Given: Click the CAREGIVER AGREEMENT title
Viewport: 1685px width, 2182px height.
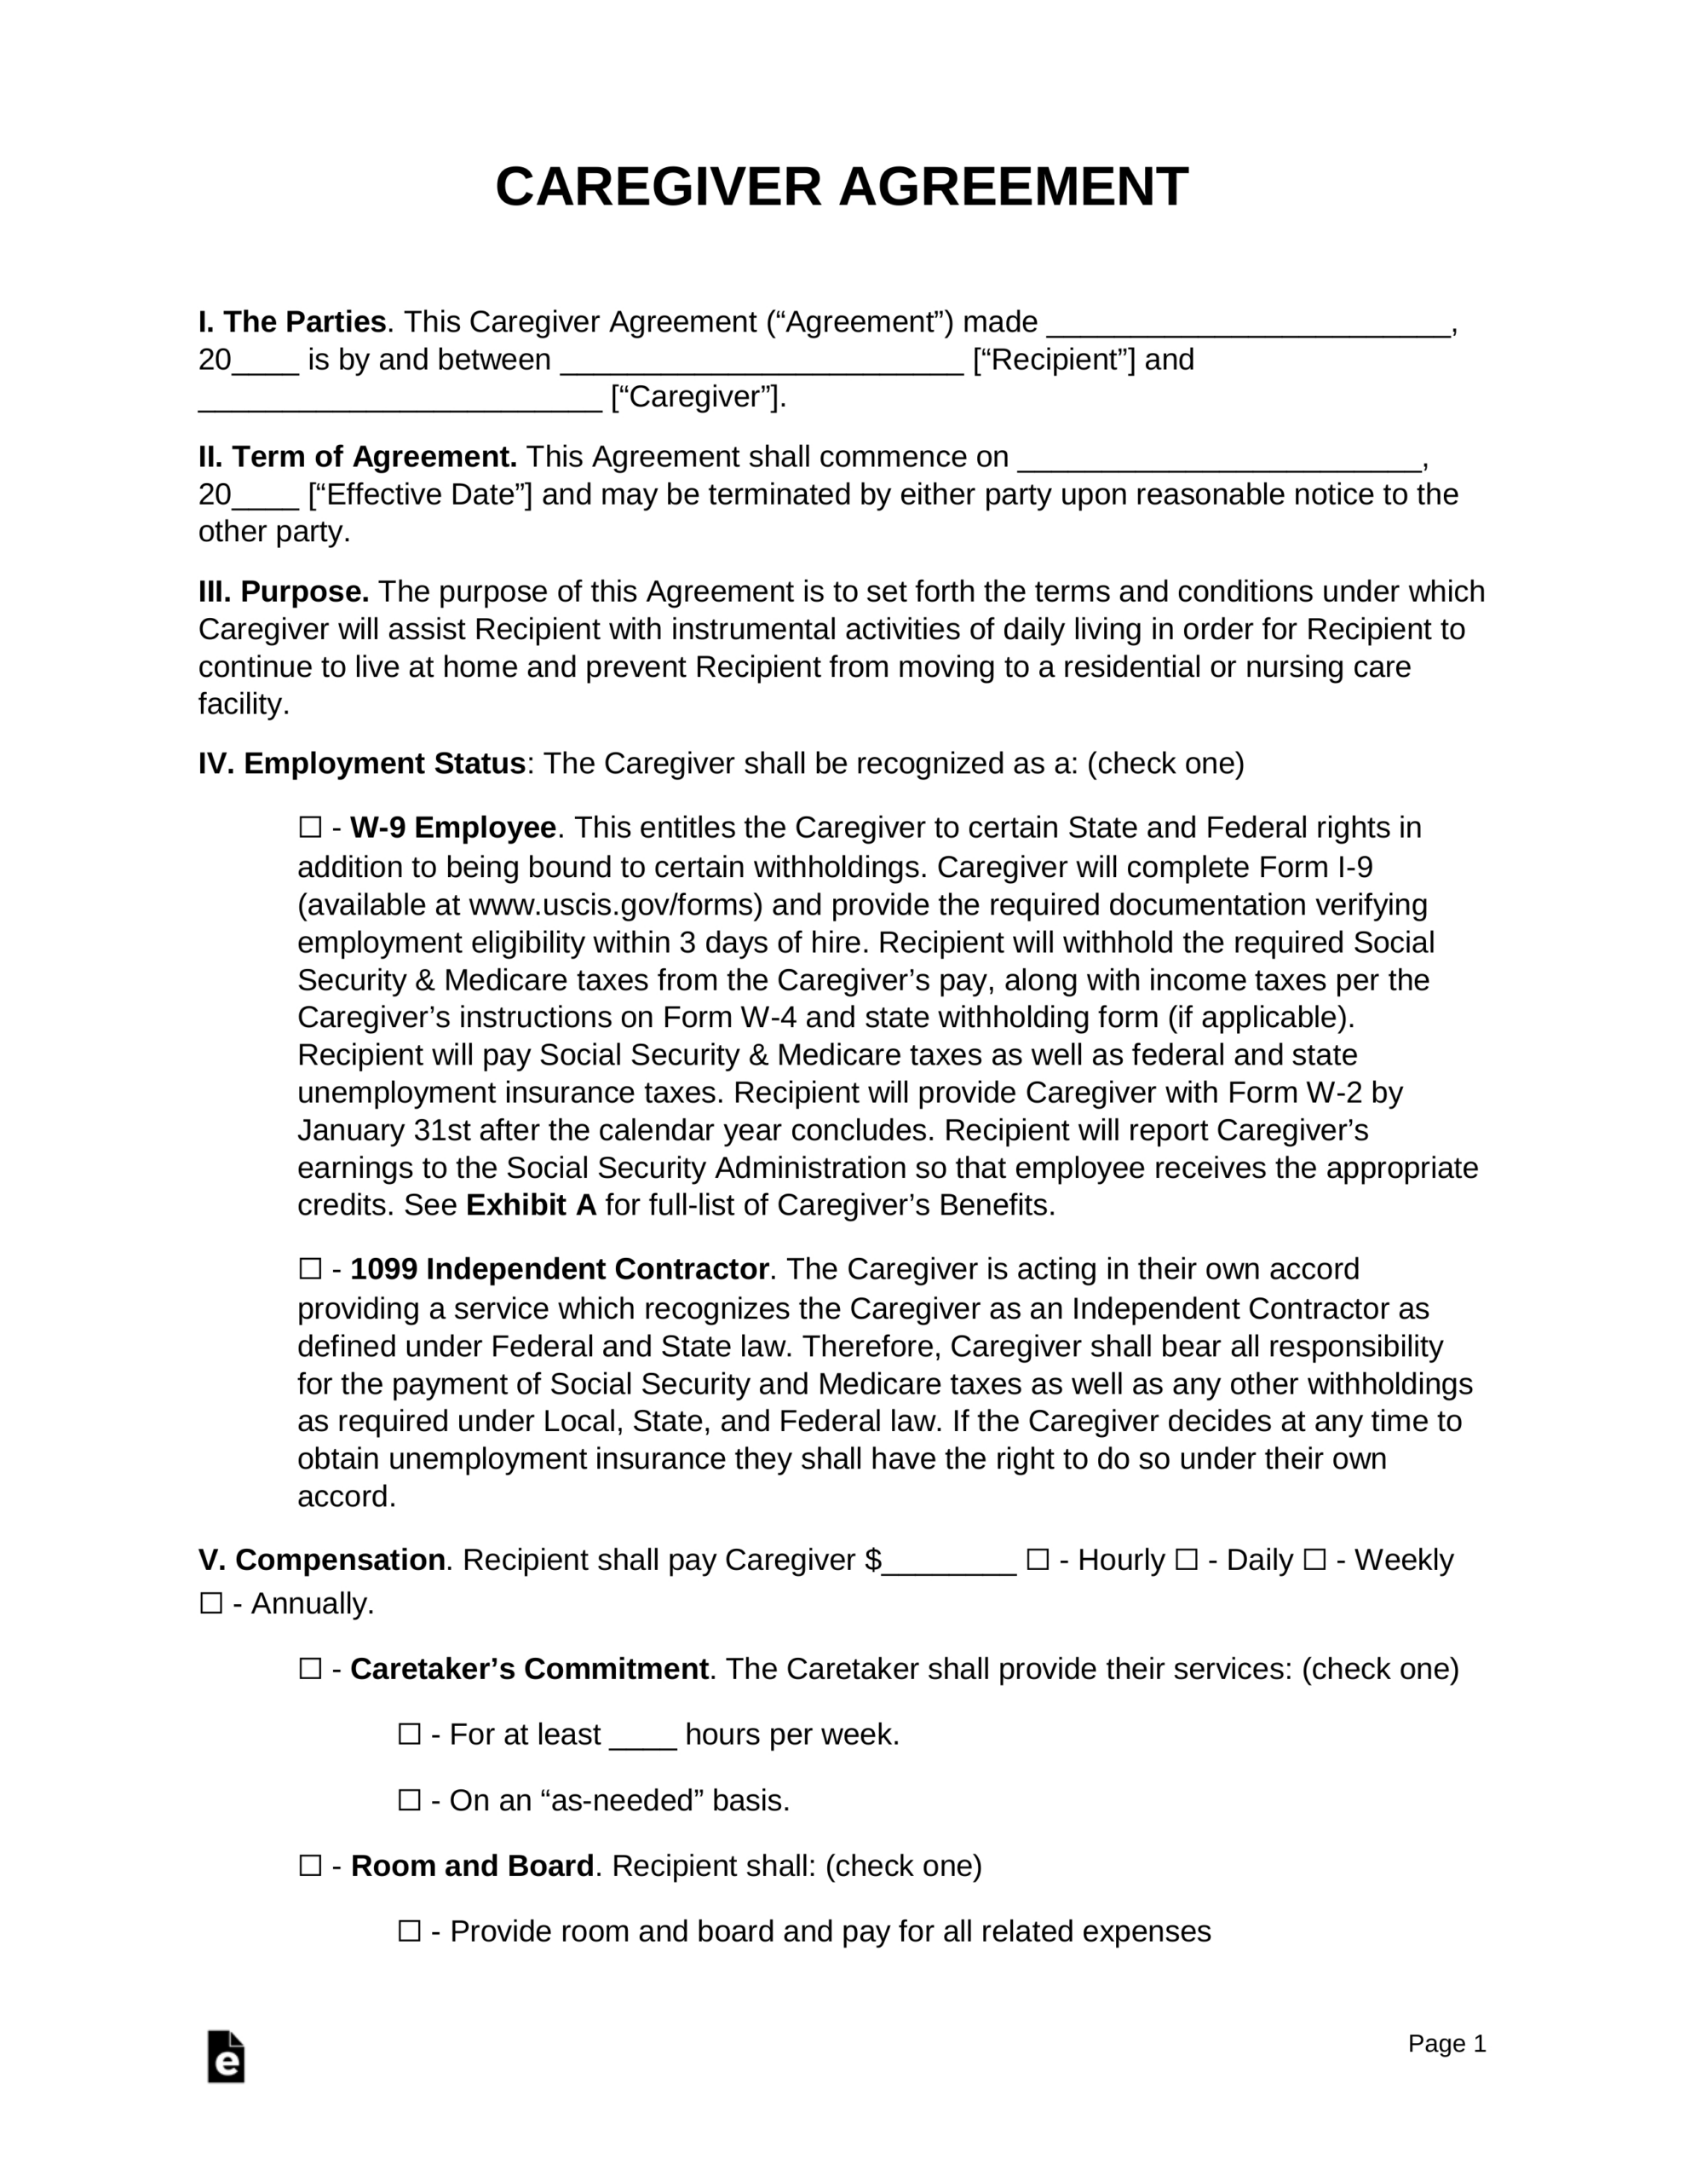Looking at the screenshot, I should coord(841,187).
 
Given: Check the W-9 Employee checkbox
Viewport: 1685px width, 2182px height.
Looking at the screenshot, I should coord(309,828).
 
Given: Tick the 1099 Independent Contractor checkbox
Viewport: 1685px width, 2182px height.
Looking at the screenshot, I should coord(309,1269).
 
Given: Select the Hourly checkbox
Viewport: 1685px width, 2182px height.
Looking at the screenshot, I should coord(1038,1560).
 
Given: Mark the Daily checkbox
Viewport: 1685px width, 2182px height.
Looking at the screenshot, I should coord(1186,1560).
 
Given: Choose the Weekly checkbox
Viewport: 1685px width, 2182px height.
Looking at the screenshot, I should coord(1314,1560).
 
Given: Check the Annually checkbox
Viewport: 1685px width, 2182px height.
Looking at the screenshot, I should coord(210,1603).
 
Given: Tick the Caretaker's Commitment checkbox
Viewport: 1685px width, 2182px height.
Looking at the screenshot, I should coord(309,1670).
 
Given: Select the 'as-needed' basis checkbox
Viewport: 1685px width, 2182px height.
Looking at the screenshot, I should coord(410,1800).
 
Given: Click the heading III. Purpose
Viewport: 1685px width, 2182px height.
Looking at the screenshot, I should coord(284,592).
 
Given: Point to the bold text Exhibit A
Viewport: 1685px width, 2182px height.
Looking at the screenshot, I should coord(531,1205).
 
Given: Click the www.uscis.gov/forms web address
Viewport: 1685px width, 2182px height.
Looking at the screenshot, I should coord(615,905).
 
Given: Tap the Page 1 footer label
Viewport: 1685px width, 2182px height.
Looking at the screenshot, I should coord(1446,2043).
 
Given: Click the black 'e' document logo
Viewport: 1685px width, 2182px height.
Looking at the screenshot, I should coord(226,2057).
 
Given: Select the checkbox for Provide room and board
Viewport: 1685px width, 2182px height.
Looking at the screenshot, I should coord(410,1931).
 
